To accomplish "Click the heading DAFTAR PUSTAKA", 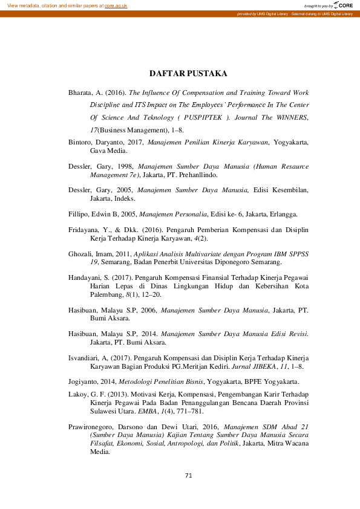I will click(x=188, y=74).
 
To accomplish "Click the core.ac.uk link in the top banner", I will click(x=116, y=5).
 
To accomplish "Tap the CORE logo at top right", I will click(x=343, y=5).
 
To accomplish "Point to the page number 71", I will click(x=188, y=476).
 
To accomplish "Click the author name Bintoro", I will click(x=80, y=143).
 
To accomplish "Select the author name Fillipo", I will click(x=79, y=213).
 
